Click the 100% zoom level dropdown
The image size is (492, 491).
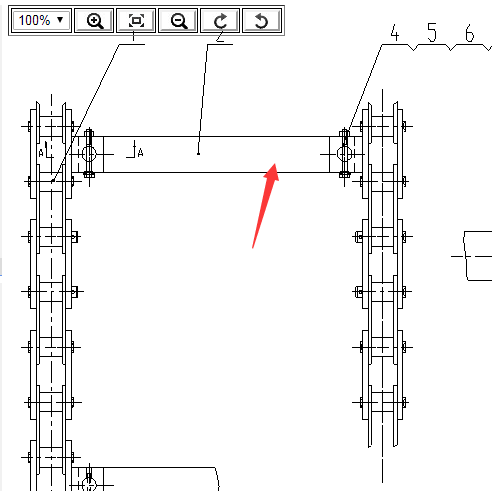(41, 21)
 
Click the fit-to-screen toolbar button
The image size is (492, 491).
(136, 21)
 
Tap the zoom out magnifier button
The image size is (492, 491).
(178, 21)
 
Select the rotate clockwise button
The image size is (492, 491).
(220, 21)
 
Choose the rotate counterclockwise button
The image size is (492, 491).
(262, 21)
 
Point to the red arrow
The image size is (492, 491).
(265, 206)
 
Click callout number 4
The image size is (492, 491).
(395, 33)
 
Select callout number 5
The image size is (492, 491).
(432, 33)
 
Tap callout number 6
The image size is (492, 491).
(469, 33)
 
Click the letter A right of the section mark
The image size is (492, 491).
(140, 153)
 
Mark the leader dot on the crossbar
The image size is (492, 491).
(198, 154)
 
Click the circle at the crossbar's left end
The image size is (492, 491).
(89, 154)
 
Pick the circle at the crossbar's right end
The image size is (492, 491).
(344, 154)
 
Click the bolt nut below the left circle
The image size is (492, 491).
(89, 174)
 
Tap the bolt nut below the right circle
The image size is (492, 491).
(344, 174)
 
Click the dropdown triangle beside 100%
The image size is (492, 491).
(60, 20)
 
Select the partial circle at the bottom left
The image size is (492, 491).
(89, 484)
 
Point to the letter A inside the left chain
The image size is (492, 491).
(41, 153)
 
